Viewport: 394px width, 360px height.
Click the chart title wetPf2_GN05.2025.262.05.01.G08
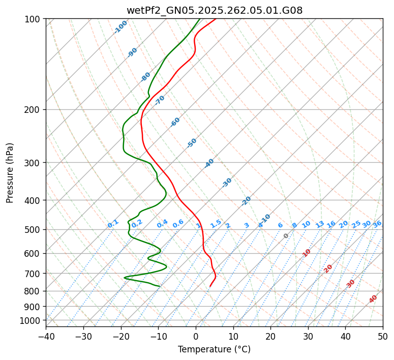(x=214, y=10)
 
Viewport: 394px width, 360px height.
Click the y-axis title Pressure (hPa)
(x=10, y=173)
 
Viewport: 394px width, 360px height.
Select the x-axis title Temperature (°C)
(x=214, y=349)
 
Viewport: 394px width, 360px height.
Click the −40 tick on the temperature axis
(x=46, y=337)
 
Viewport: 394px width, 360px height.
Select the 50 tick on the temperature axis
(x=383, y=337)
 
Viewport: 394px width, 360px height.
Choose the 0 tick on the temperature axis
(x=196, y=337)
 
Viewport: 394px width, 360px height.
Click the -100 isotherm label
(x=121, y=26)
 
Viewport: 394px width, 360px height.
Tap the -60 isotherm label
(x=175, y=122)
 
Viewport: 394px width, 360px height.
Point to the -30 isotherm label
(x=227, y=183)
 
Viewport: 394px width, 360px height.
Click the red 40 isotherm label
(x=373, y=299)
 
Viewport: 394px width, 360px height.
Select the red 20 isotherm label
(x=328, y=268)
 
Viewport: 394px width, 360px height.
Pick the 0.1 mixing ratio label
(x=113, y=223)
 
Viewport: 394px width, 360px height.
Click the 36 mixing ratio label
(x=377, y=224)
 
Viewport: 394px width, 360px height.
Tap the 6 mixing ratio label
(x=280, y=225)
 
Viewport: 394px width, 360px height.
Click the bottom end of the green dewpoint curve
(x=160, y=286)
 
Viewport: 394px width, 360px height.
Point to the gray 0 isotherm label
(x=286, y=236)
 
